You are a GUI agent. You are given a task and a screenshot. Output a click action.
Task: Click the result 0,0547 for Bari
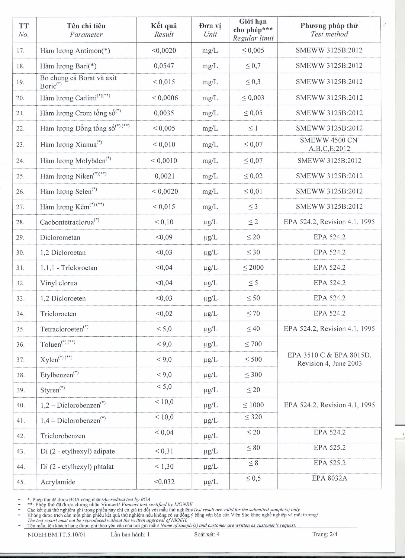[x=164, y=66]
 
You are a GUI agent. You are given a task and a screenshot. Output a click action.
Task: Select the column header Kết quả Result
[x=164, y=30]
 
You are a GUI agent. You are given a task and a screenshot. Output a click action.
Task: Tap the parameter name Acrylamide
[x=58, y=482]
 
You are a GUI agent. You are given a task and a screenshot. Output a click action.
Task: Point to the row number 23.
[x=20, y=145]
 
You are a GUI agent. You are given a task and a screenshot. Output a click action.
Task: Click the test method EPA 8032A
[x=329, y=478]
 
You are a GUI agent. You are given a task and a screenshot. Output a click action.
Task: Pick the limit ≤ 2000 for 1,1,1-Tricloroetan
[x=253, y=267]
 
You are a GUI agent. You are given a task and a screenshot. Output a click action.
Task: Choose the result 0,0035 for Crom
[x=164, y=113]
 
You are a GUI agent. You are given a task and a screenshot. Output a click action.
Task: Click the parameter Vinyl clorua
[x=58, y=283]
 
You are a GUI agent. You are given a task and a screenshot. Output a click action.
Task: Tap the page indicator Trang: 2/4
[x=325, y=534]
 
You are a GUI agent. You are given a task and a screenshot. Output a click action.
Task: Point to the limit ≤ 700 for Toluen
[x=253, y=344]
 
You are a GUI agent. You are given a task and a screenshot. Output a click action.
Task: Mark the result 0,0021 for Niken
[x=164, y=176]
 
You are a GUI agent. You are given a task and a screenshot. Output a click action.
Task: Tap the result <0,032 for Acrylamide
[x=164, y=482]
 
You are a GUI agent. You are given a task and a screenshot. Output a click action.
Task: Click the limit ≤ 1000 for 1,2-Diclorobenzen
[x=253, y=405]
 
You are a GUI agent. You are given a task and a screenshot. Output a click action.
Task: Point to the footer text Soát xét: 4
[x=207, y=534]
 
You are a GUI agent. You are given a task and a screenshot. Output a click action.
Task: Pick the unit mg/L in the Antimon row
[x=210, y=51]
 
